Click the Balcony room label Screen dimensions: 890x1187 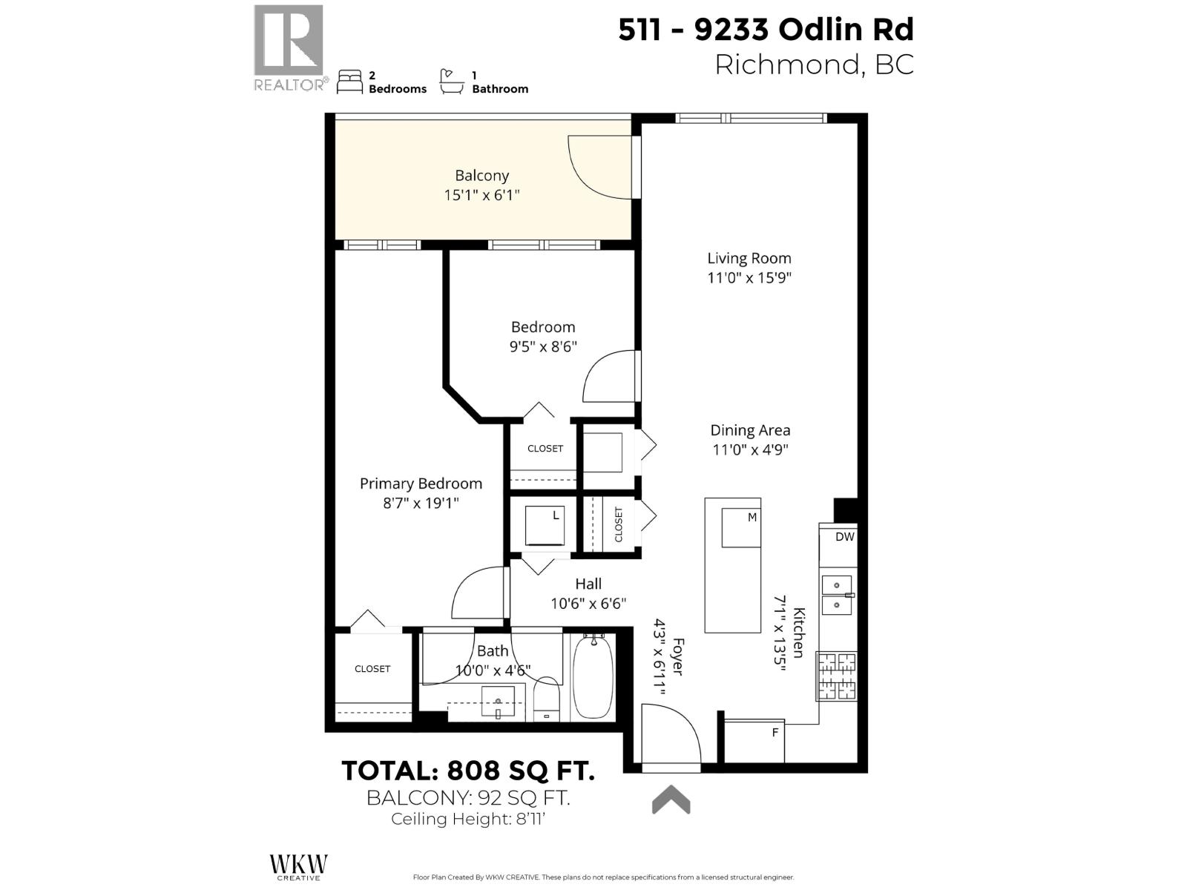481,176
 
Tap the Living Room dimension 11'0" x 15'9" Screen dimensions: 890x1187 749,278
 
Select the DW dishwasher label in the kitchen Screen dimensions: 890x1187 844,537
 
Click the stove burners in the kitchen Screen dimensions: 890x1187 836,676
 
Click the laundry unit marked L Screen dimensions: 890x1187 546,525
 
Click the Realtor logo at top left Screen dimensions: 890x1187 289,47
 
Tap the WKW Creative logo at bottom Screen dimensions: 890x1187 298,866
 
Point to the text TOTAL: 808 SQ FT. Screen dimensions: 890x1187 468,771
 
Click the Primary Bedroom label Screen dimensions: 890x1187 421,484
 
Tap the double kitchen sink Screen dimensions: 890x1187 837,595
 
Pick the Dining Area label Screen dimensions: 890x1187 750,430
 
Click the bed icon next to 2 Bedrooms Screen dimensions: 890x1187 349,82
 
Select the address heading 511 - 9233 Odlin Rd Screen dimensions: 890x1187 766,30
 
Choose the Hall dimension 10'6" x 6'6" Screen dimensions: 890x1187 588,604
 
